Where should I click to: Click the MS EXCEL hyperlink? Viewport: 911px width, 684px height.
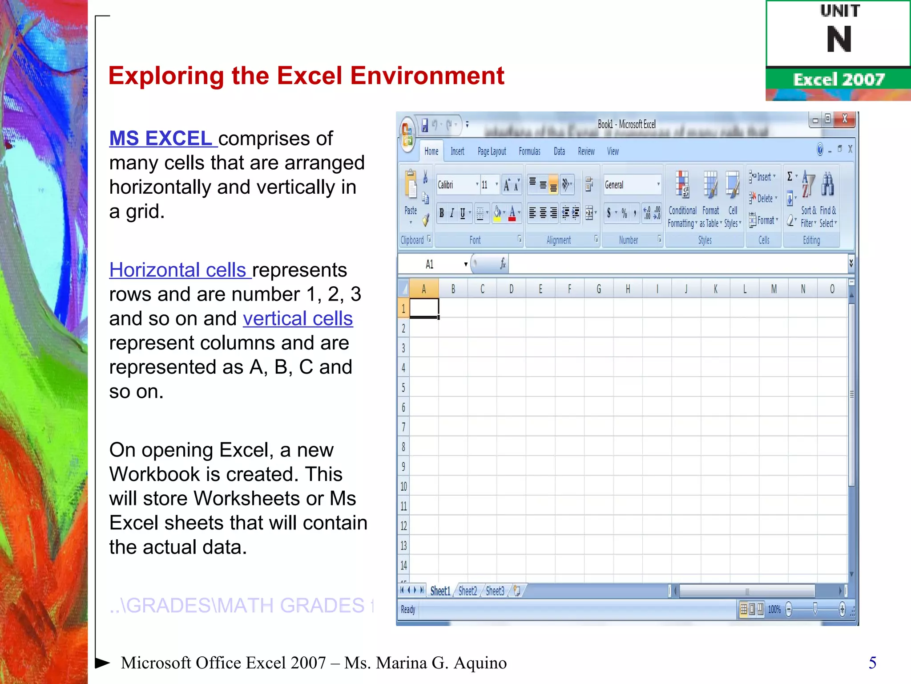tap(161, 138)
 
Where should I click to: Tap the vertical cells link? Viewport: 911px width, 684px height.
tap(298, 319)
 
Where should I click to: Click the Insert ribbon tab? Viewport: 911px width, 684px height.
tap(457, 151)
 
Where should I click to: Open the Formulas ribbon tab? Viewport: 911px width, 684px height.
tap(529, 151)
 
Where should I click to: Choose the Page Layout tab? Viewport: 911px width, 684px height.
tap(492, 151)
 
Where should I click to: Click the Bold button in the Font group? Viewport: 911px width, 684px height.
tap(441, 213)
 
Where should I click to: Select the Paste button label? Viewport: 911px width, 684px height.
tap(411, 211)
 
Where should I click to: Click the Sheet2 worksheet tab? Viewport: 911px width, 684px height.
tap(468, 591)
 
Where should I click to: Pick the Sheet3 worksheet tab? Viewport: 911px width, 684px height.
tap(495, 591)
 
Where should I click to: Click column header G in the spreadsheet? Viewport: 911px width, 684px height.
tap(598, 289)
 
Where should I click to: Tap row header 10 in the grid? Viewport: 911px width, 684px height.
tap(403, 486)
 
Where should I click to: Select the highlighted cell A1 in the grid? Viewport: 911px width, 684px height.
tap(424, 308)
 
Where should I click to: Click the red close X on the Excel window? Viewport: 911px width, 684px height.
tap(844, 119)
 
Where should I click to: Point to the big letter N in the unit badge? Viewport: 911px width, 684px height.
tap(838, 40)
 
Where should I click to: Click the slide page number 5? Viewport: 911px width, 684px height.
tap(872, 663)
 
